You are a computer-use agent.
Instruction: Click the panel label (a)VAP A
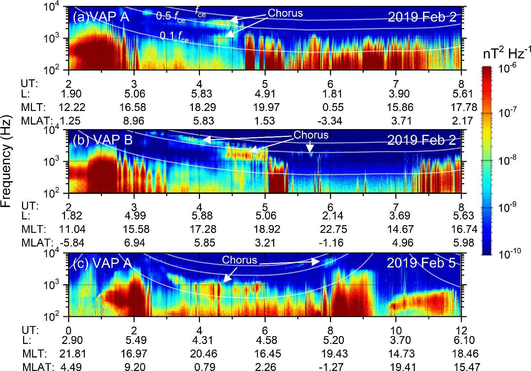[x=101, y=17]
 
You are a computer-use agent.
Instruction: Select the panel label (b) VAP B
[x=103, y=140]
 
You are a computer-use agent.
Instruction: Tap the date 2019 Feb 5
[x=421, y=263]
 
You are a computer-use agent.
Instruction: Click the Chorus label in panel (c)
[x=239, y=260]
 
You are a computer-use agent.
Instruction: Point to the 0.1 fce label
[x=174, y=36]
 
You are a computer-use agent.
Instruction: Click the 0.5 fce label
[x=170, y=16]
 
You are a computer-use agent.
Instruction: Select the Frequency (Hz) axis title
[x=6, y=161]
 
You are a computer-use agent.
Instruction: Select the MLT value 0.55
[x=333, y=107]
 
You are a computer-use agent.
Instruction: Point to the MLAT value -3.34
[x=330, y=121]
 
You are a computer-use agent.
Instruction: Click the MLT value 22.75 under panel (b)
[x=333, y=229]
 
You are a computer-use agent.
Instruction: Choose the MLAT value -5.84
[x=72, y=243]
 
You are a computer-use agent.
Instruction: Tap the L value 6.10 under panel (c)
[x=464, y=340]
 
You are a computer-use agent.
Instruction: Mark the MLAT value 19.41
[x=403, y=367]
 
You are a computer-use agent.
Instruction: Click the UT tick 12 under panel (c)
[x=461, y=330]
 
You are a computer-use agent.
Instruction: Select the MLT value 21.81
[x=73, y=354]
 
